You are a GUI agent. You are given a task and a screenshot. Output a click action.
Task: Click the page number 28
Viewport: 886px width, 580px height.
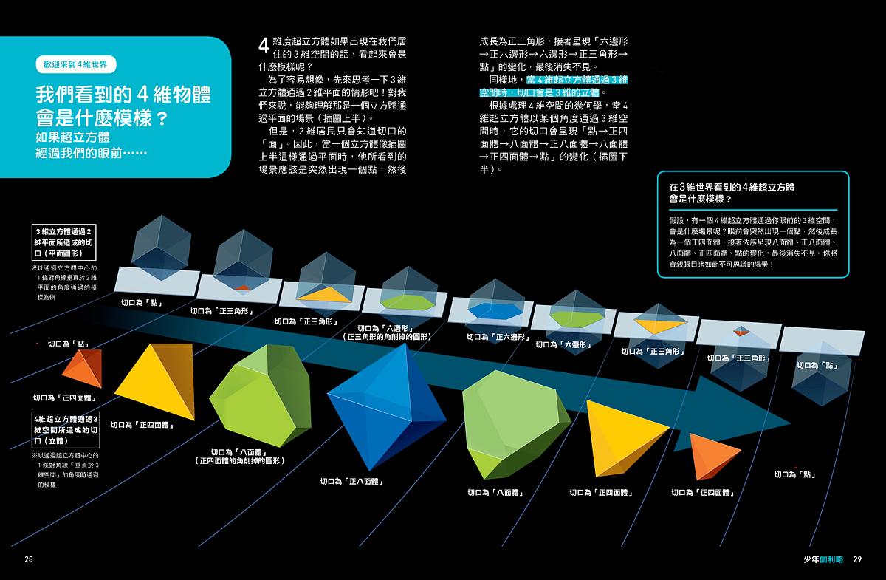pos(29,559)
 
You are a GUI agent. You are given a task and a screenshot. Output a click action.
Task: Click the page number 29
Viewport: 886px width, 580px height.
pos(857,559)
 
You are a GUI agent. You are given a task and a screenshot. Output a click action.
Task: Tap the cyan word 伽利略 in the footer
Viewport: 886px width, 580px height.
pos(831,559)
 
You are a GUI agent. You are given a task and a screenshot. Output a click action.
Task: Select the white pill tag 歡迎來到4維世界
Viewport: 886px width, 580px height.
pos(76,64)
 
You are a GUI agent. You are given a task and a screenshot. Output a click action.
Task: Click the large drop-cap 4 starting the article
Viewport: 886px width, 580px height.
pos(264,46)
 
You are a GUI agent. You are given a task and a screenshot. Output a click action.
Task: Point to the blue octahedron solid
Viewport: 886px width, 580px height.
pos(386,406)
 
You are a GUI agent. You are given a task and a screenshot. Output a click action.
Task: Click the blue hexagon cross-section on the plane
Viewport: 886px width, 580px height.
pos(495,311)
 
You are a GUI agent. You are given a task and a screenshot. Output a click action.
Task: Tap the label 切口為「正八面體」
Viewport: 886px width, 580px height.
pos(351,482)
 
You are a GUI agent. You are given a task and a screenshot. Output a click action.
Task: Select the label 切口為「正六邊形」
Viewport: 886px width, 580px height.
pos(498,337)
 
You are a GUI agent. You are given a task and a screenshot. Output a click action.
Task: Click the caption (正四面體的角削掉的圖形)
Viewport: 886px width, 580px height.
pos(240,461)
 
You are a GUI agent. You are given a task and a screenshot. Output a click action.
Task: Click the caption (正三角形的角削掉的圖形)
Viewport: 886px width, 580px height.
pos(386,336)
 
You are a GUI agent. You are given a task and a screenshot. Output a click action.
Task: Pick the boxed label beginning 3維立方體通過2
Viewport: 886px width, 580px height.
pos(63,242)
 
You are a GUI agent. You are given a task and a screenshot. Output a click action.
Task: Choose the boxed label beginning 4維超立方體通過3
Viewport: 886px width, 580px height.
pos(66,430)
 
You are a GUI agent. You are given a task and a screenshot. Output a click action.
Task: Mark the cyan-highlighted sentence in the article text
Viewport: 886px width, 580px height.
pos(554,86)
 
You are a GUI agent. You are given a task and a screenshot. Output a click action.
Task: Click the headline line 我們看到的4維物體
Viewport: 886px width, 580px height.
pos(123,95)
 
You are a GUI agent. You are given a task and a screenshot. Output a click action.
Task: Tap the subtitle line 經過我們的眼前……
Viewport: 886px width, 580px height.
pos(91,153)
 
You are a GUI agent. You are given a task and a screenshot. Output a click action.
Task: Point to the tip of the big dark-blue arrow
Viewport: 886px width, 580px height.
pos(791,423)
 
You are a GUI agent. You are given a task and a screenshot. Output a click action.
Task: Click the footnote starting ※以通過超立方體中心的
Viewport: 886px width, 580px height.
pos(66,470)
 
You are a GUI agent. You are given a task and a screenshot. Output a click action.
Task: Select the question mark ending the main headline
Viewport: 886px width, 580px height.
pos(162,118)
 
